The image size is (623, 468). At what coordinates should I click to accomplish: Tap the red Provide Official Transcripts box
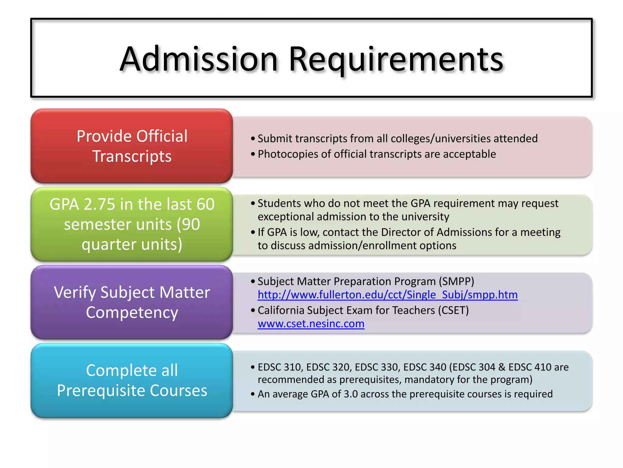[x=132, y=146]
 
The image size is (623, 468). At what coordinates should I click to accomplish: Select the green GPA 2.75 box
[x=132, y=224]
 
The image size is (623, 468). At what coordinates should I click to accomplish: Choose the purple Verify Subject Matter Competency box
[x=132, y=302]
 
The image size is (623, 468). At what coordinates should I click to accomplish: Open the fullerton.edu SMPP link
[x=388, y=295]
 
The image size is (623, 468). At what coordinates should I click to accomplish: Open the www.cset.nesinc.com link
[x=311, y=324]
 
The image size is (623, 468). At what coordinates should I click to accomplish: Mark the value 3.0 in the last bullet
[x=350, y=394]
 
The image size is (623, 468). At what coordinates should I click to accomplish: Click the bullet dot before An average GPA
[x=253, y=394]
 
